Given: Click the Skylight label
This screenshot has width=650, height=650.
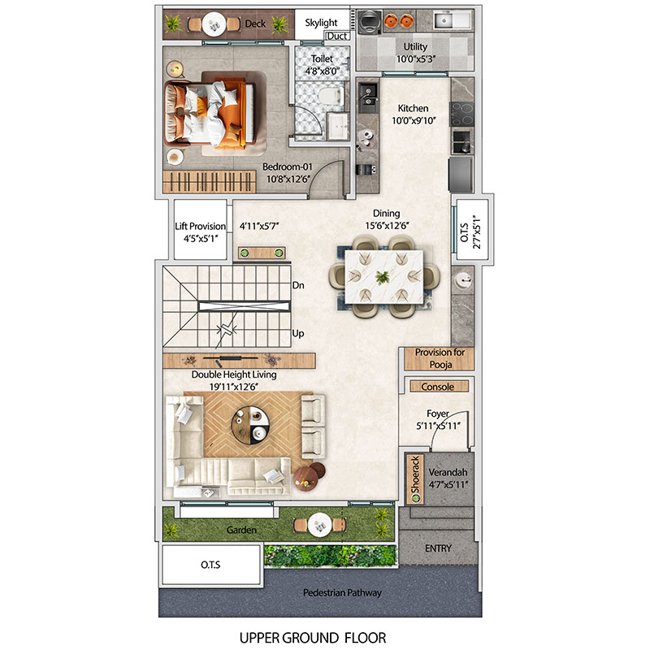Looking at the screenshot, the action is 321,23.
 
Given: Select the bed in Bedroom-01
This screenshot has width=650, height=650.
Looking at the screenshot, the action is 210,114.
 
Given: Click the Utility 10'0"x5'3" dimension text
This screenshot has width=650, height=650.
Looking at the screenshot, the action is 415,58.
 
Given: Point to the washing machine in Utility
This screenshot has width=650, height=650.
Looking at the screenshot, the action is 370,22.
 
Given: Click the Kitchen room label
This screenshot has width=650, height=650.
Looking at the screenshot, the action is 413,108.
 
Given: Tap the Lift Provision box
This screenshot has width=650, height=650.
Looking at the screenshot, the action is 200,229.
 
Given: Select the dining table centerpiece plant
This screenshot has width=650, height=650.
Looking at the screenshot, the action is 382,277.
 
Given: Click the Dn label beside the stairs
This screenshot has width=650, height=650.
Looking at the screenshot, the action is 298,285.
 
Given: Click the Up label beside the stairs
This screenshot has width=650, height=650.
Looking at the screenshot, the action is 298,333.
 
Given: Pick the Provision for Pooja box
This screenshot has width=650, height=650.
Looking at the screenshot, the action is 439,358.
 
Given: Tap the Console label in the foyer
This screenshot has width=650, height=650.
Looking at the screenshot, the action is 437,387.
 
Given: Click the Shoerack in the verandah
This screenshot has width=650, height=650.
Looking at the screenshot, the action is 415,479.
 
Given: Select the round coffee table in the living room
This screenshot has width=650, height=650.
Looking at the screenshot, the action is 250,425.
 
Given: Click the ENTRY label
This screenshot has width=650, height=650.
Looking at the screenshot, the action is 438,548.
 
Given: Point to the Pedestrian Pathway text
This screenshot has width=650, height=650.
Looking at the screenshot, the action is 342,593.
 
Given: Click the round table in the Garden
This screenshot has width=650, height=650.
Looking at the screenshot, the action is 319,525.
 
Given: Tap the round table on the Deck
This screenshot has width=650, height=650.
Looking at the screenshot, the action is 214,24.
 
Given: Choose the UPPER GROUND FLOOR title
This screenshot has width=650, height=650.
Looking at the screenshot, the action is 313,637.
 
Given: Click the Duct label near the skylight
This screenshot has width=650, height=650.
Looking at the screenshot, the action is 336,36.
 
